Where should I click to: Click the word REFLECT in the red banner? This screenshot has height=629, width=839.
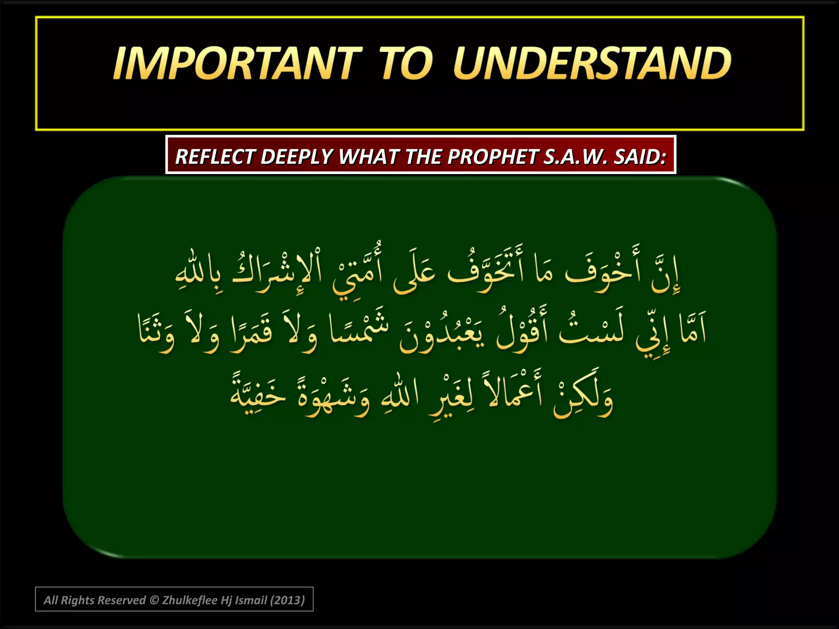point(215,156)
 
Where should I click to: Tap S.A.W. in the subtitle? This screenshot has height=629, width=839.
point(575,156)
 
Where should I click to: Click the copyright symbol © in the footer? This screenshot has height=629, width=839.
point(154,600)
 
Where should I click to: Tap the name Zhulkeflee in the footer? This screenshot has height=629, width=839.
point(190,600)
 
